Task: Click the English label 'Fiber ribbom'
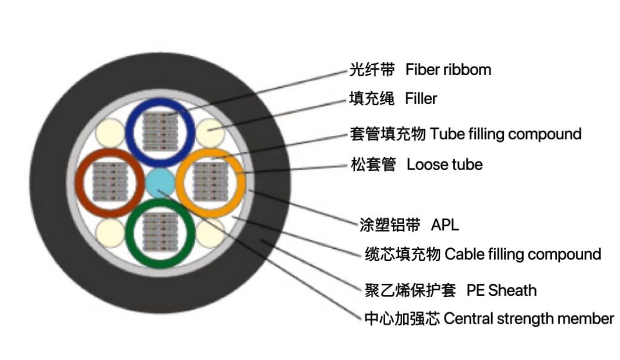(x=448, y=70)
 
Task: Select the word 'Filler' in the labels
(x=421, y=98)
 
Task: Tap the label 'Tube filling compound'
(x=506, y=134)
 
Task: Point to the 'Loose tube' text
(x=444, y=164)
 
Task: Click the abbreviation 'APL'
(x=445, y=226)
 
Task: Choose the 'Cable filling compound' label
(x=523, y=254)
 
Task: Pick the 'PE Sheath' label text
(x=501, y=290)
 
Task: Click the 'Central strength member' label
(x=529, y=319)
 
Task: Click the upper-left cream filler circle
(x=111, y=131)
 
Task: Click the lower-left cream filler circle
(x=111, y=232)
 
